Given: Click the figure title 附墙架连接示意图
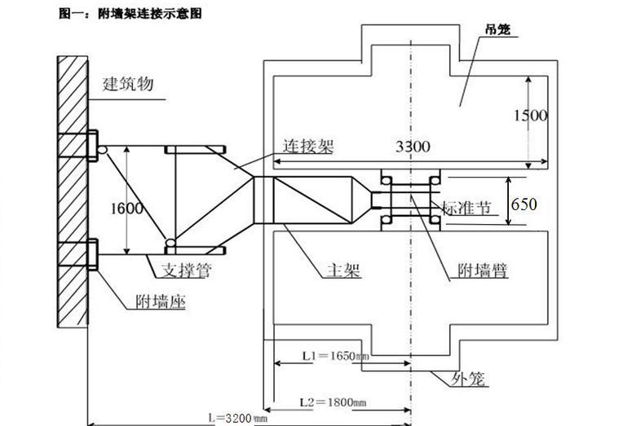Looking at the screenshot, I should pyautogui.click(x=130, y=14).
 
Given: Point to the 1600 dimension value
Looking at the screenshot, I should pyautogui.click(x=127, y=208).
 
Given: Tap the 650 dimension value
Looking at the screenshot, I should pyautogui.click(x=523, y=204).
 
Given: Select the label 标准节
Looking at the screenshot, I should pyautogui.click(x=467, y=207).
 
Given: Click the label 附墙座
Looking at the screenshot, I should pyautogui.click(x=161, y=303).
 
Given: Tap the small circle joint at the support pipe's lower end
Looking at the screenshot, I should pyautogui.click(x=170, y=243).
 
